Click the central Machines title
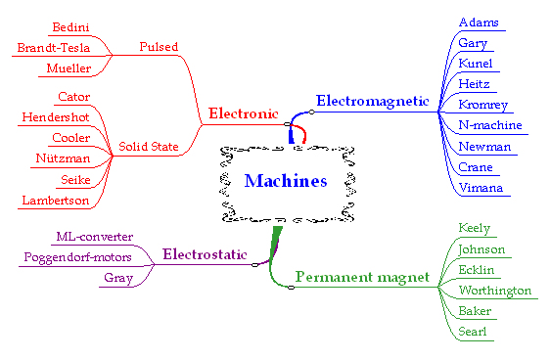pyautogui.click(x=285, y=180)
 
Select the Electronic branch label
pyautogui.click(x=244, y=114)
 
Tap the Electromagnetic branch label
pyautogui.click(x=373, y=100)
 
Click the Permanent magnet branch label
pyautogui.click(x=362, y=278)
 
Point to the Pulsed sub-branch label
pyautogui.click(x=159, y=46)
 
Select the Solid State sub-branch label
pyautogui.click(x=149, y=148)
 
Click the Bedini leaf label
pyautogui.click(x=71, y=25)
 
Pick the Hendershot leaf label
pyautogui.click(x=59, y=117)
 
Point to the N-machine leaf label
pyautogui.click(x=490, y=125)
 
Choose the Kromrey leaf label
pyautogui.click(x=483, y=105)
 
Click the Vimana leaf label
pyautogui.click(x=481, y=187)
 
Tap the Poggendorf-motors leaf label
pyautogui.click(x=77, y=257)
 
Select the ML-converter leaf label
pyautogui.click(x=95, y=237)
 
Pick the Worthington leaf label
pyautogui.click(x=495, y=291)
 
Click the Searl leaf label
pyautogui.click(x=473, y=333)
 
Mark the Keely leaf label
pyautogui.click(x=474, y=228)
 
